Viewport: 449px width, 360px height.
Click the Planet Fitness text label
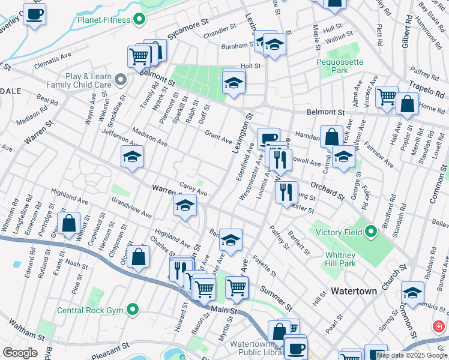tap(103, 20)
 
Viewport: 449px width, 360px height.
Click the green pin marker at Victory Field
tap(371, 230)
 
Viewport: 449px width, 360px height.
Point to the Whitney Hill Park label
tap(341, 259)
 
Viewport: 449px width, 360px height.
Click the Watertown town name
tap(354, 291)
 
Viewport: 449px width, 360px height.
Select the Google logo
tap(20, 352)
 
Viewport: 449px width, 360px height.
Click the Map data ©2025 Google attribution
tap(412, 355)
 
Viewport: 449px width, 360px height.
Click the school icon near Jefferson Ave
tap(132, 158)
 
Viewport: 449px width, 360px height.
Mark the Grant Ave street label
tap(218, 137)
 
